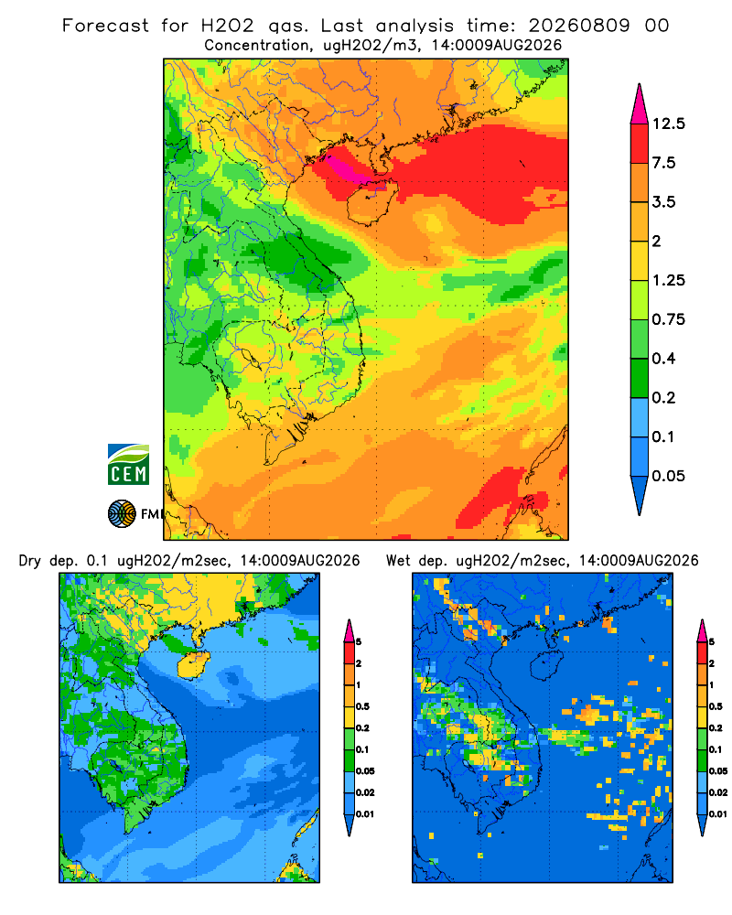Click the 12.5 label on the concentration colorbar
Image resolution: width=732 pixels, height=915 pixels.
tap(668, 124)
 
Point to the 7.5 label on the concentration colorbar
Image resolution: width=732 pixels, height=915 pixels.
tap(663, 163)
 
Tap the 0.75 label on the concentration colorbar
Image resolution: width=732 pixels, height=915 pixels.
tap(668, 319)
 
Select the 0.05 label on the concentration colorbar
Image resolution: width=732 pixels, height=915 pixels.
tap(668, 476)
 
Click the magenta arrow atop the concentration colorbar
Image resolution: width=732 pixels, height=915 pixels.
tap(640, 104)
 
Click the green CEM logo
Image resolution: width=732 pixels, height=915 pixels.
tap(128, 465)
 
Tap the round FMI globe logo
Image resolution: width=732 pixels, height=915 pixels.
tap(122, 513)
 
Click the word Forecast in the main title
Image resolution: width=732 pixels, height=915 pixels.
tap(105, 26)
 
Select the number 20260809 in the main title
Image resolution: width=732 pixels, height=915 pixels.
tap(579, 26)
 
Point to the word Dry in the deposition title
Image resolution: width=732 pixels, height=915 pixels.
tap(30, 561)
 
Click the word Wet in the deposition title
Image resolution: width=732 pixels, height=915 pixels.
tap(398, 561)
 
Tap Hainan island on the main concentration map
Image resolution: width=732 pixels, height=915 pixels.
tap(372, 202)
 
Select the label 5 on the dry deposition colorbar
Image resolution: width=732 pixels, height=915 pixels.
tap(359, 642)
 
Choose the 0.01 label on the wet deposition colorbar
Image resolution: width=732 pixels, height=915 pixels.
tap(718, 814)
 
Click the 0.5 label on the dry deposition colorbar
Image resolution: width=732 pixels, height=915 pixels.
tap(362, 706)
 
